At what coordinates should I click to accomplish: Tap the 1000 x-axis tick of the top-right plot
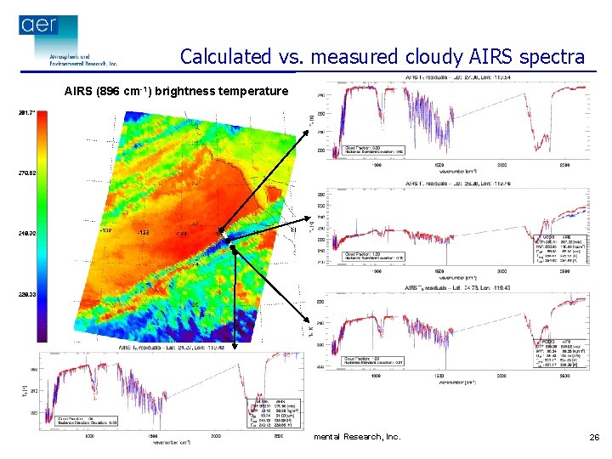click(x=377, y=165)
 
